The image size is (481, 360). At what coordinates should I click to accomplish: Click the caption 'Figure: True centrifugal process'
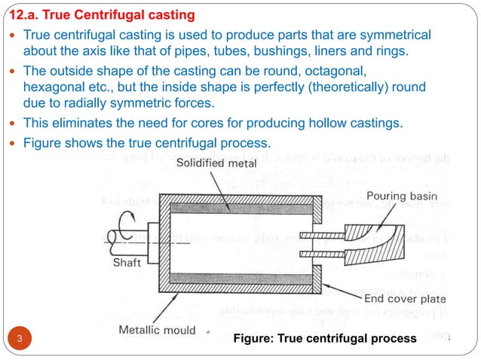point(324,339)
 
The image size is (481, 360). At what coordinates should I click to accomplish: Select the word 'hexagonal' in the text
point(52,87)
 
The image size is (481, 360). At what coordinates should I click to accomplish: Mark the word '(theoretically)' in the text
point(341,87)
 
